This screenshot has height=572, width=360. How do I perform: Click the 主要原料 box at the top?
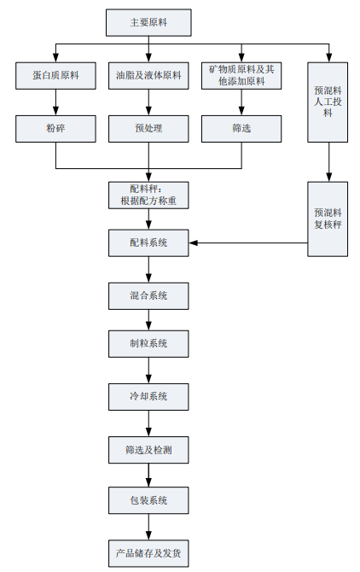pyautogui.click(x=148, y=22)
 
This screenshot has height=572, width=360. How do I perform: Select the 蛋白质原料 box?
pyautogui.click(x=55, y=75)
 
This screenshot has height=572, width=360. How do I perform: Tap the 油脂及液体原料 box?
pyautogui.click(x=148, y=75)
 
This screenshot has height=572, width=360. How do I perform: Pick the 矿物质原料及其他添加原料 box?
pyautogui.click(x=241, y=75)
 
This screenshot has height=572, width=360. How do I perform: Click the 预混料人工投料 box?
pyautogui.click(x=328, y=102)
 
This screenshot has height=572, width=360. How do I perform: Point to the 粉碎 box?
pyautogui.click(x=55, y=129)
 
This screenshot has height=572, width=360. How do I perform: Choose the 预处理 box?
pyautogui.click(x=148, y=129)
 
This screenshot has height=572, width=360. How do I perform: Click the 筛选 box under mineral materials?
pyautogui.click(x=241, y=129)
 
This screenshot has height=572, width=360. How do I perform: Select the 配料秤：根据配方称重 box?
pyautogui.click(x=148, y=196)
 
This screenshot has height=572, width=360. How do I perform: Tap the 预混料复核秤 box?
pyautogui.click(x=328, y=219)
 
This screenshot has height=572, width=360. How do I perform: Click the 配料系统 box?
pyautogui.click(x=148, y=243)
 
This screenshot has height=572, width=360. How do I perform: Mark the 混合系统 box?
pyautogui.click(x=148, y=296)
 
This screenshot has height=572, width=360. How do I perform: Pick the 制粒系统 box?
pyautogui.click(x=148, y=344)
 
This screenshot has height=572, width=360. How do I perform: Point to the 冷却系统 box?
pyautogui.click(x=148, y=396)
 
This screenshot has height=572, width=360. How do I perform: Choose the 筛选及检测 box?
pyautogui.click(x=148, y=450)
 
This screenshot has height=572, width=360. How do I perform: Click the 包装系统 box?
pyautogui.click(x=148, y=500)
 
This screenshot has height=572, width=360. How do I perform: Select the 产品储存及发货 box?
pyautogui.click(x=148, y=553)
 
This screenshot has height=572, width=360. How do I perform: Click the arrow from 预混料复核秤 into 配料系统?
pyautogui.click(x=248, y=243)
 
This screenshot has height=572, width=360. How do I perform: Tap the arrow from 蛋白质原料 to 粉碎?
pyautogui.click(x=55, y=102)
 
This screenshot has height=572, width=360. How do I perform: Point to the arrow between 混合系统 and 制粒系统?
pyautogui.click(x=148, y=320)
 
